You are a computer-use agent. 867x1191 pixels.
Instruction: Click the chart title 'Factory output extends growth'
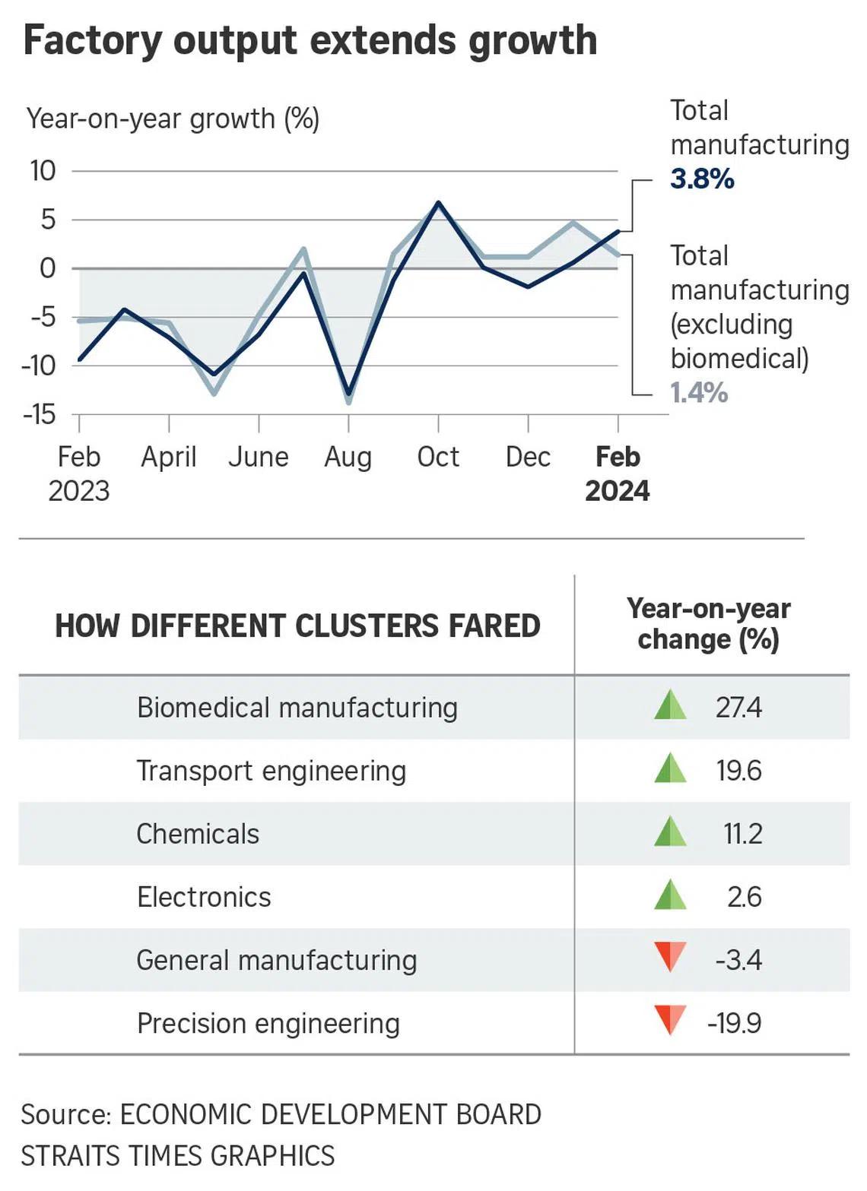tap(310, 41)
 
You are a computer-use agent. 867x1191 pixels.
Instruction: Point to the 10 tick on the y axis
tap(43, 171)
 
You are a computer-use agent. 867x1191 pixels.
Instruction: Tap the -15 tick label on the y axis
tap(40, 414)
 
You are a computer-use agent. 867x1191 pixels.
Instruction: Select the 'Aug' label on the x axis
tap(348, 457)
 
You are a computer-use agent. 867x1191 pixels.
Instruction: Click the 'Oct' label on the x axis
tap(438, 457)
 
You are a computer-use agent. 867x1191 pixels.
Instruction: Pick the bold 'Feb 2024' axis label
tap(618, 474)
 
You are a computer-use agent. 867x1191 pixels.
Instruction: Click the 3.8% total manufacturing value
tap(702, 179)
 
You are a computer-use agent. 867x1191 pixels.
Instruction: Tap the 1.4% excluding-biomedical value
tap(699, 393)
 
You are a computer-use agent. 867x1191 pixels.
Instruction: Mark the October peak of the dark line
tap(438, 203)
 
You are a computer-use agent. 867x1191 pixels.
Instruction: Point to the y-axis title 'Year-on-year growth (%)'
tap(173, 119)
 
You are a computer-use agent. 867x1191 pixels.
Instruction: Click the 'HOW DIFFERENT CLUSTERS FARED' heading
tap(297, 626)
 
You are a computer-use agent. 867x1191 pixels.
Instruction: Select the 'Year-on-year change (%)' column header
tap(708, 624)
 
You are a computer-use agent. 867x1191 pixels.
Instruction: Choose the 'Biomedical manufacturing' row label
tap(297, 708)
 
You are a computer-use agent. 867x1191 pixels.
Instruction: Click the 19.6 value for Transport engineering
tap(738, 771)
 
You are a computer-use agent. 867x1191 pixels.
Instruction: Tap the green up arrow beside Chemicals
tap(670, 832)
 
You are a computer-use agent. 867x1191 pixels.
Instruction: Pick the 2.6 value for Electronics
tap(744, 897)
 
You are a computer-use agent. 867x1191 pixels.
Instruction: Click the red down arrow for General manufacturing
tap(670, 957)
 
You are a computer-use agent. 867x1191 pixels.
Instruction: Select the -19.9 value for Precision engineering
tap(734, 1023)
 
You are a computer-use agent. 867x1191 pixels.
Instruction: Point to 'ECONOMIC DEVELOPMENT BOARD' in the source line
tap(331, 1114)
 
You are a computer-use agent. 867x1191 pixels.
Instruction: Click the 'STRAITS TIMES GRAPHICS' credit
tap(178, 1155)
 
